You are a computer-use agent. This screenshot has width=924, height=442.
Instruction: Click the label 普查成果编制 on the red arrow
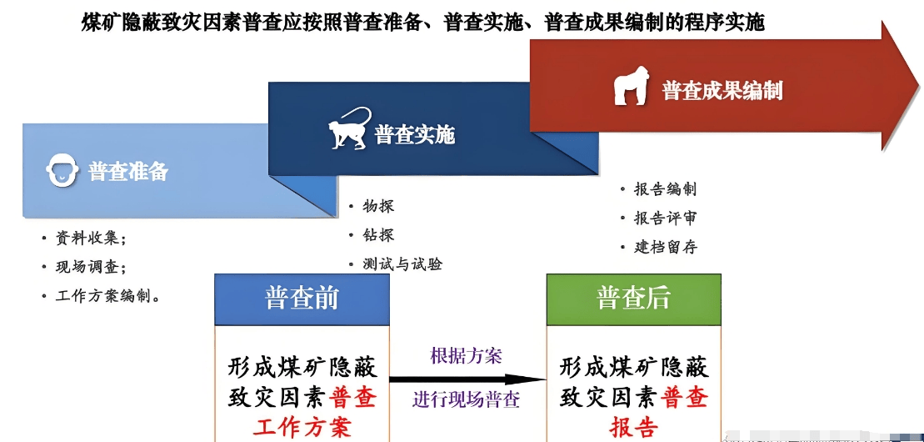pyautogui.click(x=722, y=90)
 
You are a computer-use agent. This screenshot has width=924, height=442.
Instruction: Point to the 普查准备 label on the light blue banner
pyautogui.click(x=128, y=172)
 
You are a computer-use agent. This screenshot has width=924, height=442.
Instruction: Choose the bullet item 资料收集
pyautogui.click(x=91, y=239)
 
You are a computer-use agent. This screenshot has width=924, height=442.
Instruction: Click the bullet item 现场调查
pyautogui.click(x=91, y=267)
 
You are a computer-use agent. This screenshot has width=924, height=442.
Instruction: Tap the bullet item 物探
pyautogui.click(x=378, y=206)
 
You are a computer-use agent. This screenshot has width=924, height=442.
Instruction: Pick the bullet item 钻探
pyautogui.click(x=378, y=235)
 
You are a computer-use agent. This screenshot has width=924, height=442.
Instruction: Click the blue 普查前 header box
pyautogui.click(x=302, y=299)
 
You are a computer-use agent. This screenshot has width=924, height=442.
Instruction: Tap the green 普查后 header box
pyautogui.click(x=633, y=299)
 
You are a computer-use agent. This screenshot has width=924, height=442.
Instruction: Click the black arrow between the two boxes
pyautogui.click(x=467, y=378)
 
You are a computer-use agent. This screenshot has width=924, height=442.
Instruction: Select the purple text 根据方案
pyautogui.click(x=467, y=357)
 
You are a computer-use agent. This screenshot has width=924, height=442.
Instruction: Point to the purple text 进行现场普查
pyautogui.click(x=467, y=399)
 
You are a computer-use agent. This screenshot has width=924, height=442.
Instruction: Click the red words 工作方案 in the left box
pyautogui.click(x=302, y=427)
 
